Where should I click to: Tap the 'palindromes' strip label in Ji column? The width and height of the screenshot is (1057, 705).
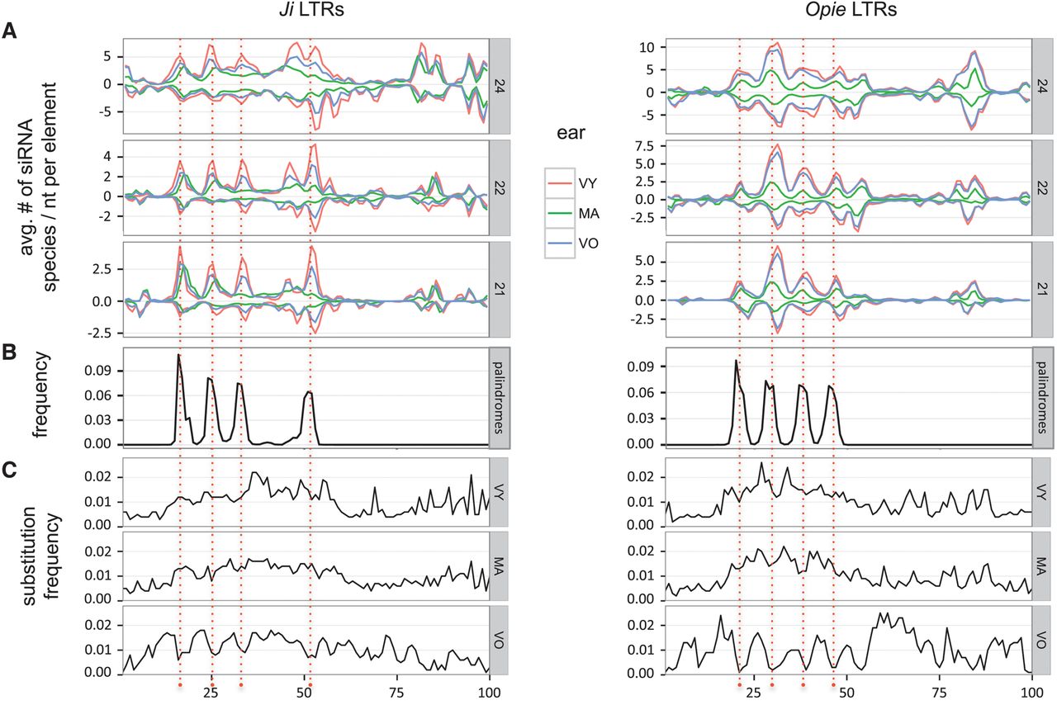500,399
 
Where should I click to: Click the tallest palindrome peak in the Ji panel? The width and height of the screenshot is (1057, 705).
178,355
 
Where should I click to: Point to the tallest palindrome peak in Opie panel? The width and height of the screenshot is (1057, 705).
736,361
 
